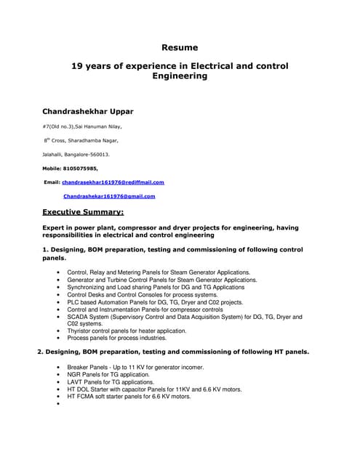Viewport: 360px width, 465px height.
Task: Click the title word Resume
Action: point(180,47)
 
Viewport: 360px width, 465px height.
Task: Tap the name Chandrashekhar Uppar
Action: point(87,111)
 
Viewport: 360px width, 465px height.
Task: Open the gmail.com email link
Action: point(109,196)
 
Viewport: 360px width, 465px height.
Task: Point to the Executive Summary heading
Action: point(83,212)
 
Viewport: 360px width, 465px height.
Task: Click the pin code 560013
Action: point(97,154)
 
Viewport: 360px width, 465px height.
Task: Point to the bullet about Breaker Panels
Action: point(135,367)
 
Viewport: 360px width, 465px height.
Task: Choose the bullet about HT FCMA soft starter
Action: point(129,397)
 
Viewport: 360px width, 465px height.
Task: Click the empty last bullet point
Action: point(57,404)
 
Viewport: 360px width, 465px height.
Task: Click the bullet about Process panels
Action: point(116,338)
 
